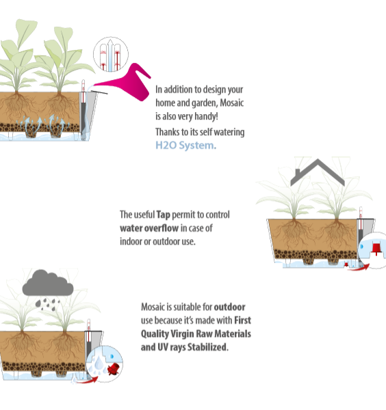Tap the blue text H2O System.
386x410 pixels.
point(186,146)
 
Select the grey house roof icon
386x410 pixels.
point(318,173)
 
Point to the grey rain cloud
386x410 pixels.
point(48,283)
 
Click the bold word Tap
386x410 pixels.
point(163,215)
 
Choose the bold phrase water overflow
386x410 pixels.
point(149,228)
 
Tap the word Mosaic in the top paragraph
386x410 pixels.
point(232,102)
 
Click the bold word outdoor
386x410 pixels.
point(230,307)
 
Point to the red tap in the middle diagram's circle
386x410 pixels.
point(376,249)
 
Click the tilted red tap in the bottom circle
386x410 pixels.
point(114,369)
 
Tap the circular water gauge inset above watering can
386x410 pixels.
point(111,54)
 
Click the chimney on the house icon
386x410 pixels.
point(298,173)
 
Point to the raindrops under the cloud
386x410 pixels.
point(47,304)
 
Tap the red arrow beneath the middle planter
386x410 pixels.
point(359,267)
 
